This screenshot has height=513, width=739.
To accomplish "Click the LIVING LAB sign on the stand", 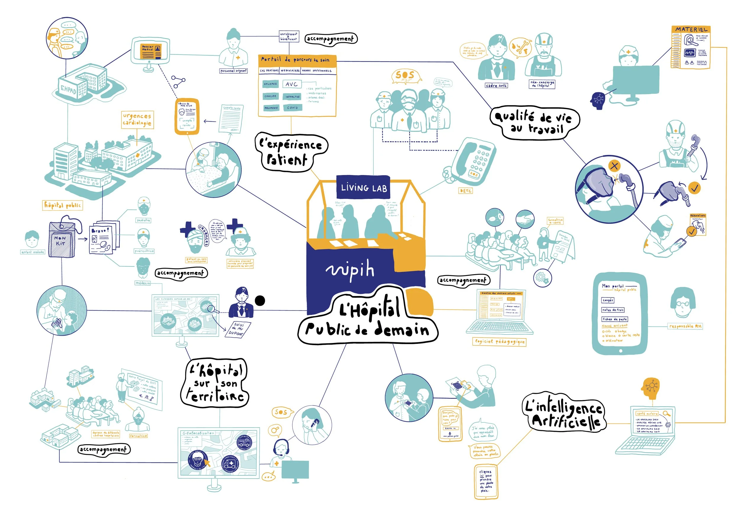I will [363, 188].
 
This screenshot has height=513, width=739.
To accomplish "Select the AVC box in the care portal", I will [291, 84].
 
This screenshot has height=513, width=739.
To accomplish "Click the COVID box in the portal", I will [292, 108].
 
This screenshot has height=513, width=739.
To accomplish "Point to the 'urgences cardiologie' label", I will [137, 120].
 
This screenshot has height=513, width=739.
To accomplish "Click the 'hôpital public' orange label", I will [63, 205].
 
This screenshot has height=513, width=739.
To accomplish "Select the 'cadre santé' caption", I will [496, 86].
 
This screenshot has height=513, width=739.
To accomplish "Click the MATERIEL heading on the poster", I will [691, 29].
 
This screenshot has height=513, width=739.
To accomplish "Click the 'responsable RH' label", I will [685, 326].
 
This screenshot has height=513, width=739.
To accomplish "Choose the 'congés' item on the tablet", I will [608, 300].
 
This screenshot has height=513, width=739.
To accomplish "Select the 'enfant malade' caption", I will [33, 252].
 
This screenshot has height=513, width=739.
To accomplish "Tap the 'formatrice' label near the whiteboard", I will [138, 436].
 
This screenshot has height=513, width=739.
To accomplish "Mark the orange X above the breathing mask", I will [615, 166].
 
